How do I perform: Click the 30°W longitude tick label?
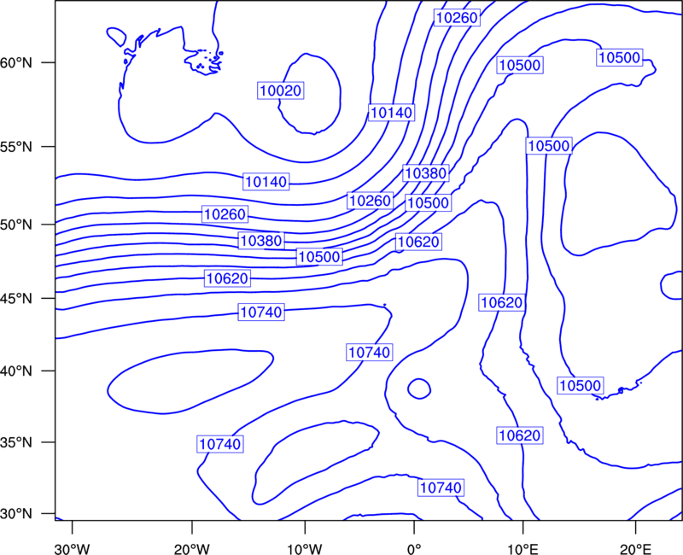[x=72, y=548]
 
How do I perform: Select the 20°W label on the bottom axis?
[x=191, y=548]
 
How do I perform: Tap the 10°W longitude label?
[x=305, y=548]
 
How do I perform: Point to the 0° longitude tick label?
[x=414, y=548]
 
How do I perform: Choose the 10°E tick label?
[x=522, y=548]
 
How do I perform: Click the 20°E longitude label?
[x=635, y=548]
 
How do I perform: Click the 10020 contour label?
[x=281, y=91]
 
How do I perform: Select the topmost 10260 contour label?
[x=457, y=17]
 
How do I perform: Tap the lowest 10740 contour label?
[x=441, y=488]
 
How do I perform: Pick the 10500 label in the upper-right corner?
[x=620, y=57]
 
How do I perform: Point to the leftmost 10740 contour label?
[x=220, y=444]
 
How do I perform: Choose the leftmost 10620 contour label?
[x=227, y=278]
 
